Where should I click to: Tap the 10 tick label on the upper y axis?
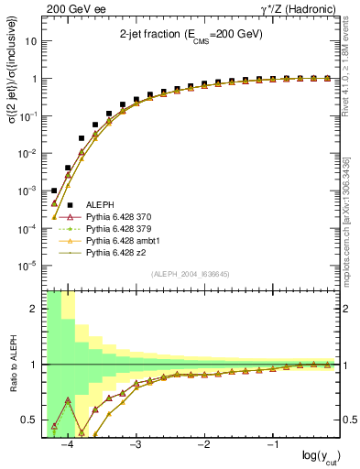pos(31,41)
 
